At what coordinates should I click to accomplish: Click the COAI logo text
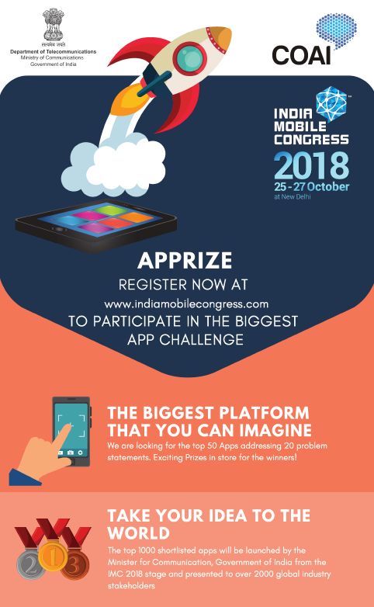tap(302, 55)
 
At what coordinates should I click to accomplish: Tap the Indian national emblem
tap(53, 24)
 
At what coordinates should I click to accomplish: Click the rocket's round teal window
tap(189, 57)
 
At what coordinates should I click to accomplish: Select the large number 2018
tap(312, 165)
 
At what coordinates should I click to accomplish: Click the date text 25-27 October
tap(312, 186)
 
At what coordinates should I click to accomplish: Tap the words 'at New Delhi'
tap(293, 196)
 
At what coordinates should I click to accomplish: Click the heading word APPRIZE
tap(185, 261)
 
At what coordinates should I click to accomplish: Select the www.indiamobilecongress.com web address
tap(186, 304)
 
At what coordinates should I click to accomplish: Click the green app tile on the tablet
tap(110, 210)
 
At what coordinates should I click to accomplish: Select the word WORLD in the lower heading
tap(139, 533)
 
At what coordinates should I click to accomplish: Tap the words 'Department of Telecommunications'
tap(53, 51)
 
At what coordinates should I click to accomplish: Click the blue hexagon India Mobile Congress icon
tap(331, 103)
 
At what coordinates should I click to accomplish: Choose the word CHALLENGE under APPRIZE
tap(201, 340)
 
